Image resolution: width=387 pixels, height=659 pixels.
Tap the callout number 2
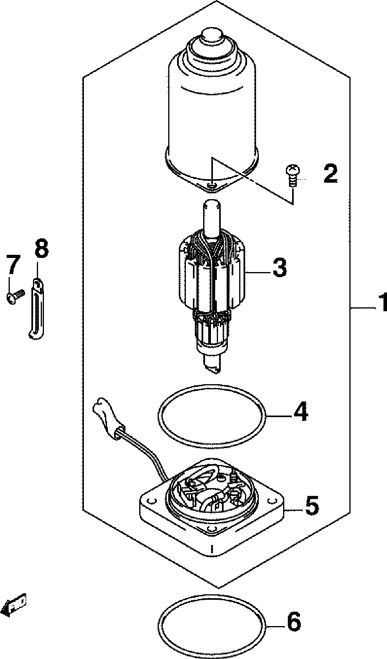click(x=330, y=173)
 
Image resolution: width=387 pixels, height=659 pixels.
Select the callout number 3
click(x=279, y=267)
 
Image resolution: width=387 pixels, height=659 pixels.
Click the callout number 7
click(x=12, y=265)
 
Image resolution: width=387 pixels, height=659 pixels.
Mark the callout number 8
click(x=41, y=248)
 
